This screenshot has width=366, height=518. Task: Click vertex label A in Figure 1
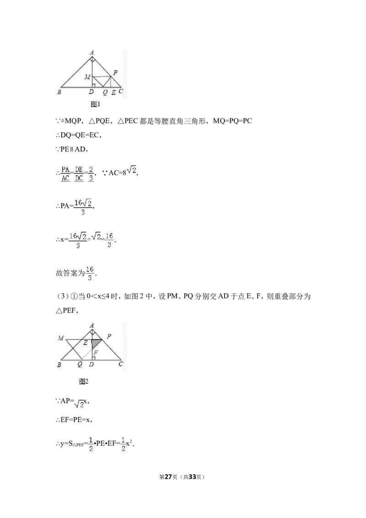tap(92, 53)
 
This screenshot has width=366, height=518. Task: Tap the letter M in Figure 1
tap(87, 76)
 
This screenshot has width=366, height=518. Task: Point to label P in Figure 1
tap(115, 72)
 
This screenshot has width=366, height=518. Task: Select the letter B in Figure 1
tap(59, 92)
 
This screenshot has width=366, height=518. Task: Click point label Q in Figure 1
tap(105, 92)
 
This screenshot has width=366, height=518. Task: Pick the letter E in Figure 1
tap(113, 92)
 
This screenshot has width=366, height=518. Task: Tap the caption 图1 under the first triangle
tap(95, 104)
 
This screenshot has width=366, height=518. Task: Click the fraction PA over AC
tap(65, 174)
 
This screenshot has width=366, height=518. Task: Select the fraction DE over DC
tap(79, 174)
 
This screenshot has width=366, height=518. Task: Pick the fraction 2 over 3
tap(91, 174)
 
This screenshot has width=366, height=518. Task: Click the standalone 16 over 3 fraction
tap(90, 273)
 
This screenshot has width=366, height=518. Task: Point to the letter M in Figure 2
tap(61, 338)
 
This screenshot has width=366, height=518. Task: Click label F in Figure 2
tap(95, 353)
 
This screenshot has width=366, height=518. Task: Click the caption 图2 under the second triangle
tap(83, 381)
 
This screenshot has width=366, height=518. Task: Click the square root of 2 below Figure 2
tap(79, 405)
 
